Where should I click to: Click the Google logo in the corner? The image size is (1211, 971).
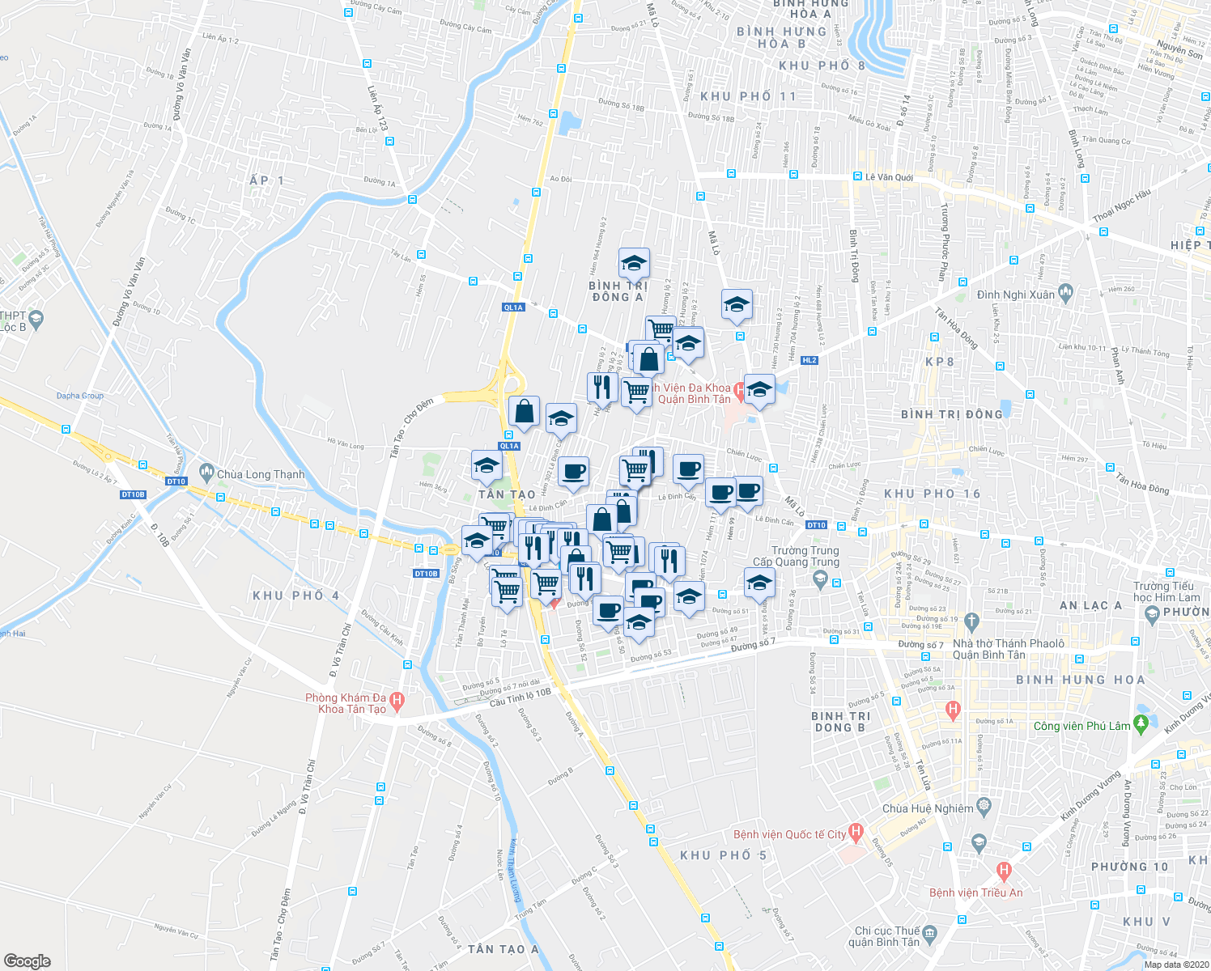point(27,961)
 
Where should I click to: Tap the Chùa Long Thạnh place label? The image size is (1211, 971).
point(261,474)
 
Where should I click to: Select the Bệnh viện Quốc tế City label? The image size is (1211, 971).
point(789,834)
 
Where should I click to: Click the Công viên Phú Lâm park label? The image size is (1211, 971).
point(1081,726)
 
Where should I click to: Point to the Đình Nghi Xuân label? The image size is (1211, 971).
point(1015,295)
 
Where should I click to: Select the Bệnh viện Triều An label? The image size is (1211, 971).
point(975,893)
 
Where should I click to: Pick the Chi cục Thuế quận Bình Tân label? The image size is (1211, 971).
point(887,936)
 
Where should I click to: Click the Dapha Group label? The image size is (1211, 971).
point(80,396)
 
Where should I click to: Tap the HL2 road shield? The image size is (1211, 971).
point(809,360)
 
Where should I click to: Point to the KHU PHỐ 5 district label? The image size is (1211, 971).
point(723,855)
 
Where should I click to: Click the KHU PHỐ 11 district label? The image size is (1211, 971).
point(748,96)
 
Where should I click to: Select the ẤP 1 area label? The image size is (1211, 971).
point(267,180)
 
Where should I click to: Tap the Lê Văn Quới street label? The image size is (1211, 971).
point(889,177)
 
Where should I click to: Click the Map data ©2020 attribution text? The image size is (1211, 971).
point(1176,965)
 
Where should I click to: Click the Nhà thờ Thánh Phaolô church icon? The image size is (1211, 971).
point(972,621)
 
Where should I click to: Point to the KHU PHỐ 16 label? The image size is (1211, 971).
point(932,494)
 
